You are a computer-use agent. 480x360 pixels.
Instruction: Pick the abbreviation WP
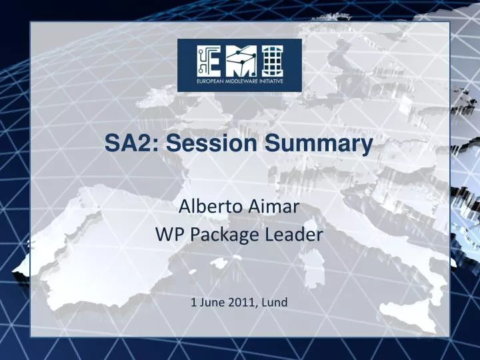(x=167, y=234)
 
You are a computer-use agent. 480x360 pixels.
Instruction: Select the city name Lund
(x=274, y=302)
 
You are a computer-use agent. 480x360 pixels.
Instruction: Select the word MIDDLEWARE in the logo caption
(x=239, y=83)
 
